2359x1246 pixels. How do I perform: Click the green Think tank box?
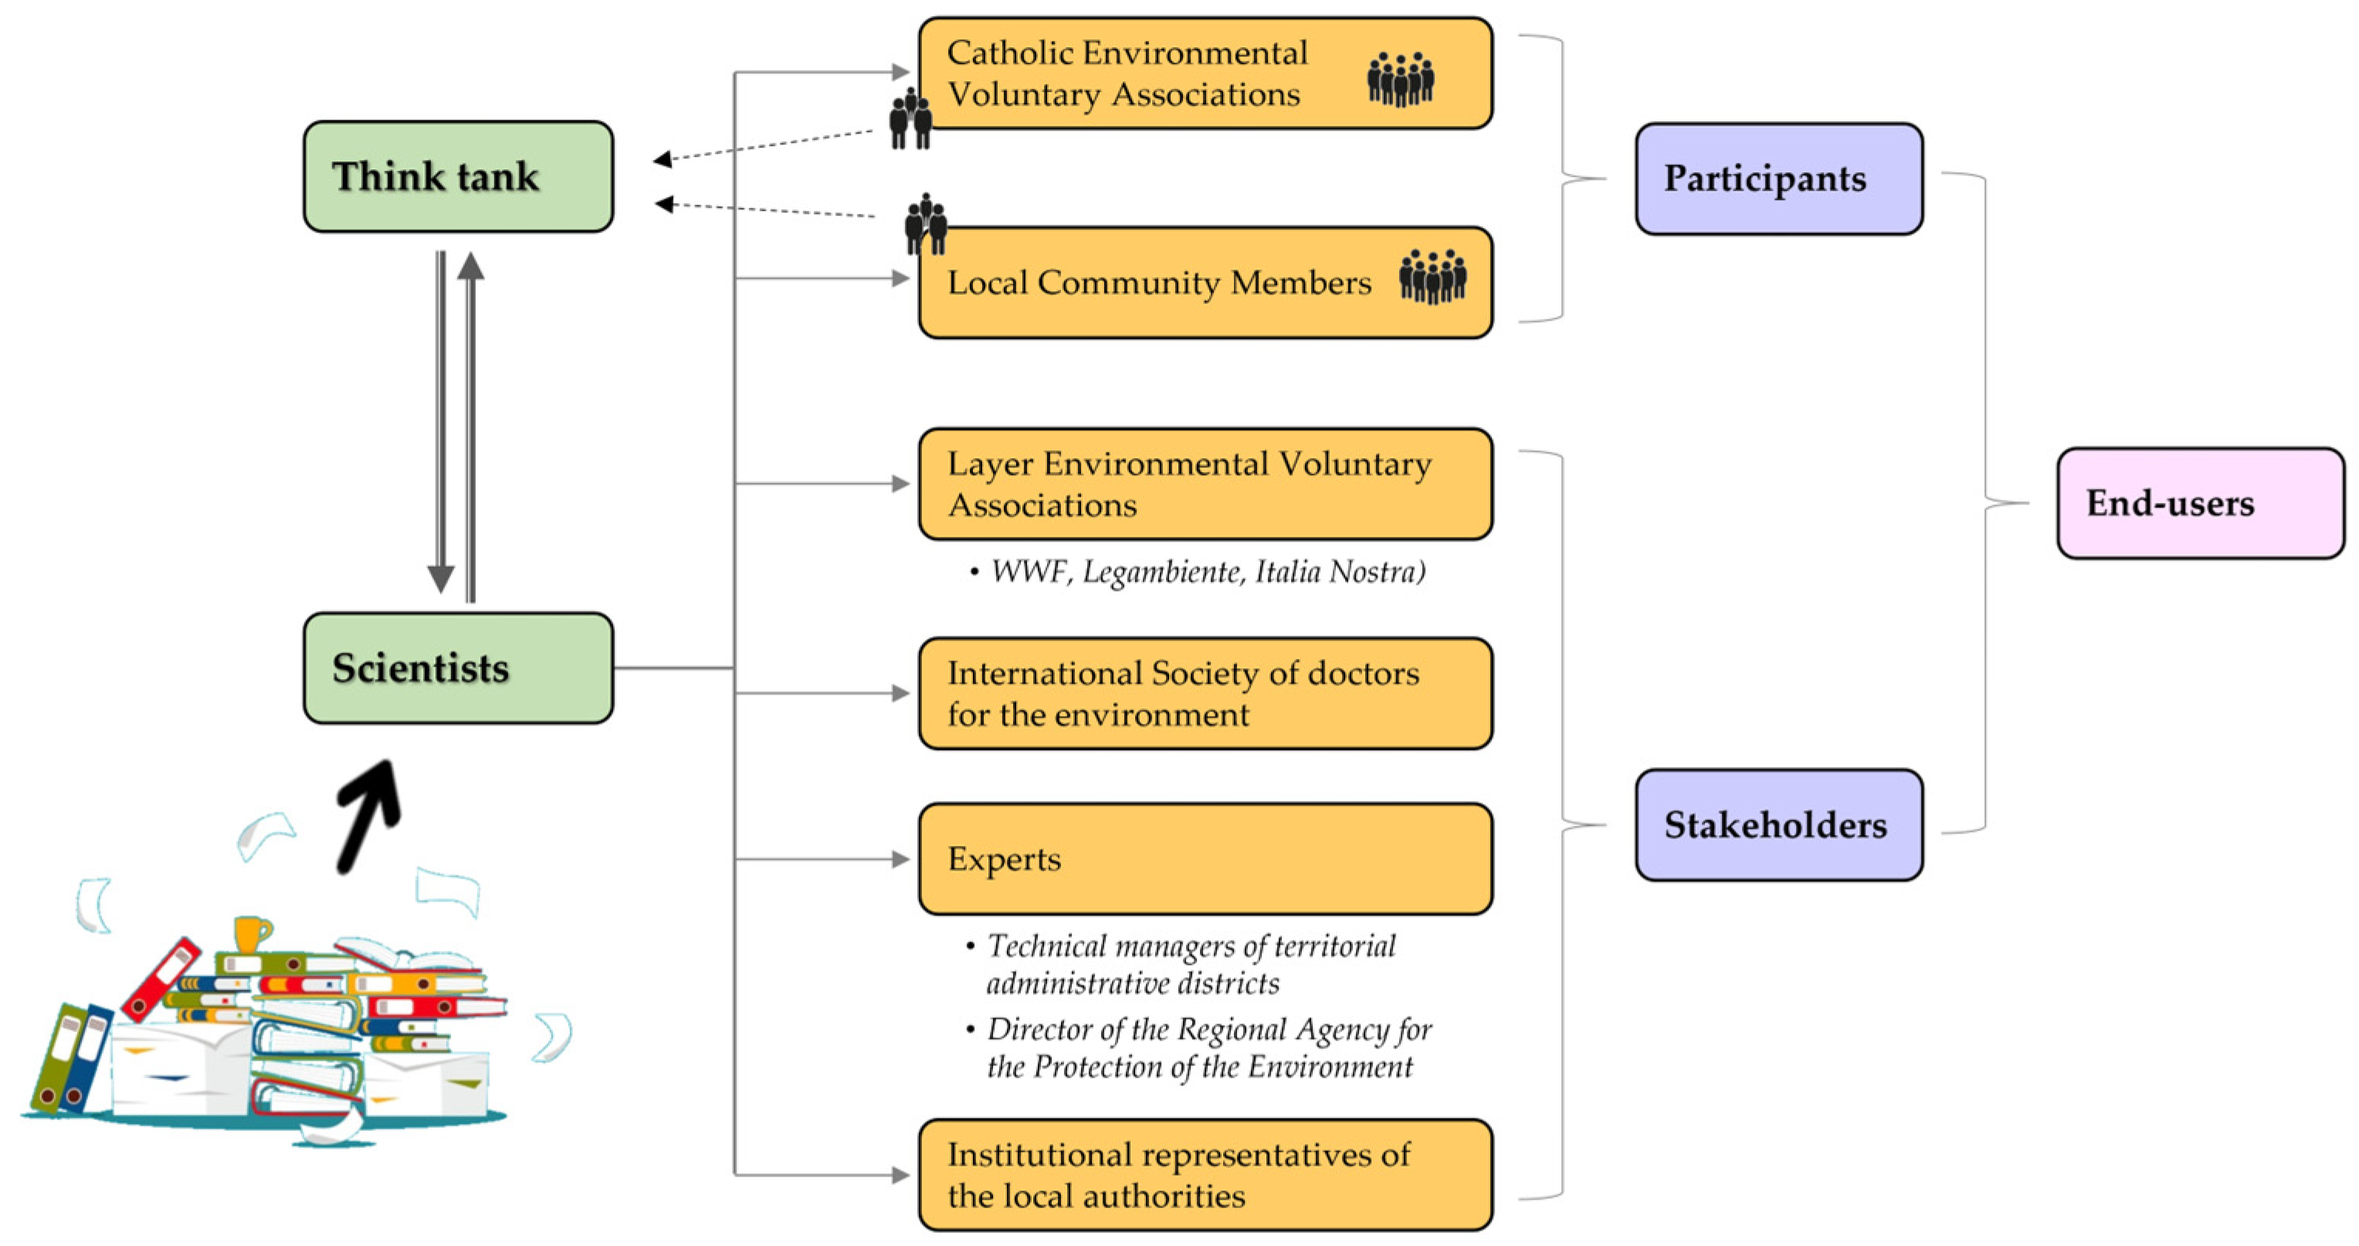coord(458,176)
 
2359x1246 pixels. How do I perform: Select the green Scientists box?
coord(458,668)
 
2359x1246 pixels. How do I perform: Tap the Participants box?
coord(1778,178)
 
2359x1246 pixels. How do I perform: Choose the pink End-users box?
coord(2200,503)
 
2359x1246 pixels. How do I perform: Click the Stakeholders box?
coord(1778,824)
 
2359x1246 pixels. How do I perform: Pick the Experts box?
coord(1205,858)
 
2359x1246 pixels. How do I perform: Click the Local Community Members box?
coord(1205,283)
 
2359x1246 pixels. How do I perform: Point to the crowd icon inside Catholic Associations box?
coord(1400,79)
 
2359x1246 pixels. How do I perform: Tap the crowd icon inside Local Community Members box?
coord(1432,276)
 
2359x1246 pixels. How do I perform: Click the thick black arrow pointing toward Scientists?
coord(368,816)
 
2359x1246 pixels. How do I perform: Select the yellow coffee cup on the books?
coord(250,935)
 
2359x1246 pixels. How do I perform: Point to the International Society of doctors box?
coord(1205,694)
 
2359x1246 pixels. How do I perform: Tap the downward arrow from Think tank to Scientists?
coord(440,422)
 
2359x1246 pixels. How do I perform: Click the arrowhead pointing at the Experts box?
coord(900,858)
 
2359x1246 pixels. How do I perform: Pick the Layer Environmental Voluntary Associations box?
coord(1205,484)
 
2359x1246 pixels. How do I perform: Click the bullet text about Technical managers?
coord(1191,964)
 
